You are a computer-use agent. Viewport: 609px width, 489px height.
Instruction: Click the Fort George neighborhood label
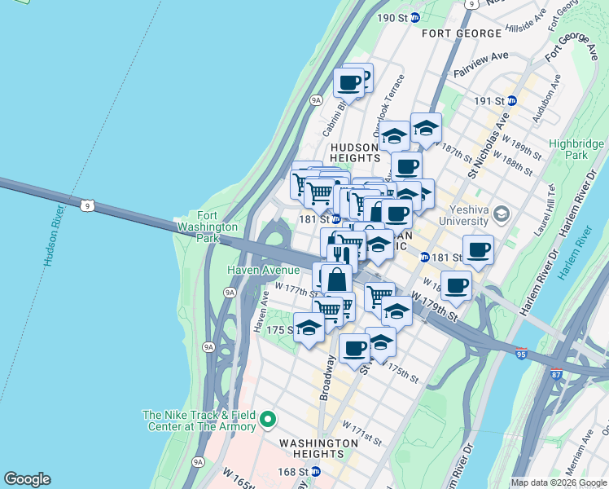[462, 33]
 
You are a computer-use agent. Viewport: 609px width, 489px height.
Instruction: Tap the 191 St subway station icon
[512, 101]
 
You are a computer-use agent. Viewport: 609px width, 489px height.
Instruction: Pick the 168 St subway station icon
[315, 472]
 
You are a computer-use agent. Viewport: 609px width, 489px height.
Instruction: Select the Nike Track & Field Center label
[199, 420]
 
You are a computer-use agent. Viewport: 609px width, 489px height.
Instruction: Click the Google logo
[27, 479]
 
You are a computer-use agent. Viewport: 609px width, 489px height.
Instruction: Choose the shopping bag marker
[336, 279]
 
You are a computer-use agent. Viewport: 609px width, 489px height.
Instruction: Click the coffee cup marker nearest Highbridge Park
[478, 249]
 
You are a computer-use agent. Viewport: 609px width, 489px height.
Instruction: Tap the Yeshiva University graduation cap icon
[502, 214]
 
